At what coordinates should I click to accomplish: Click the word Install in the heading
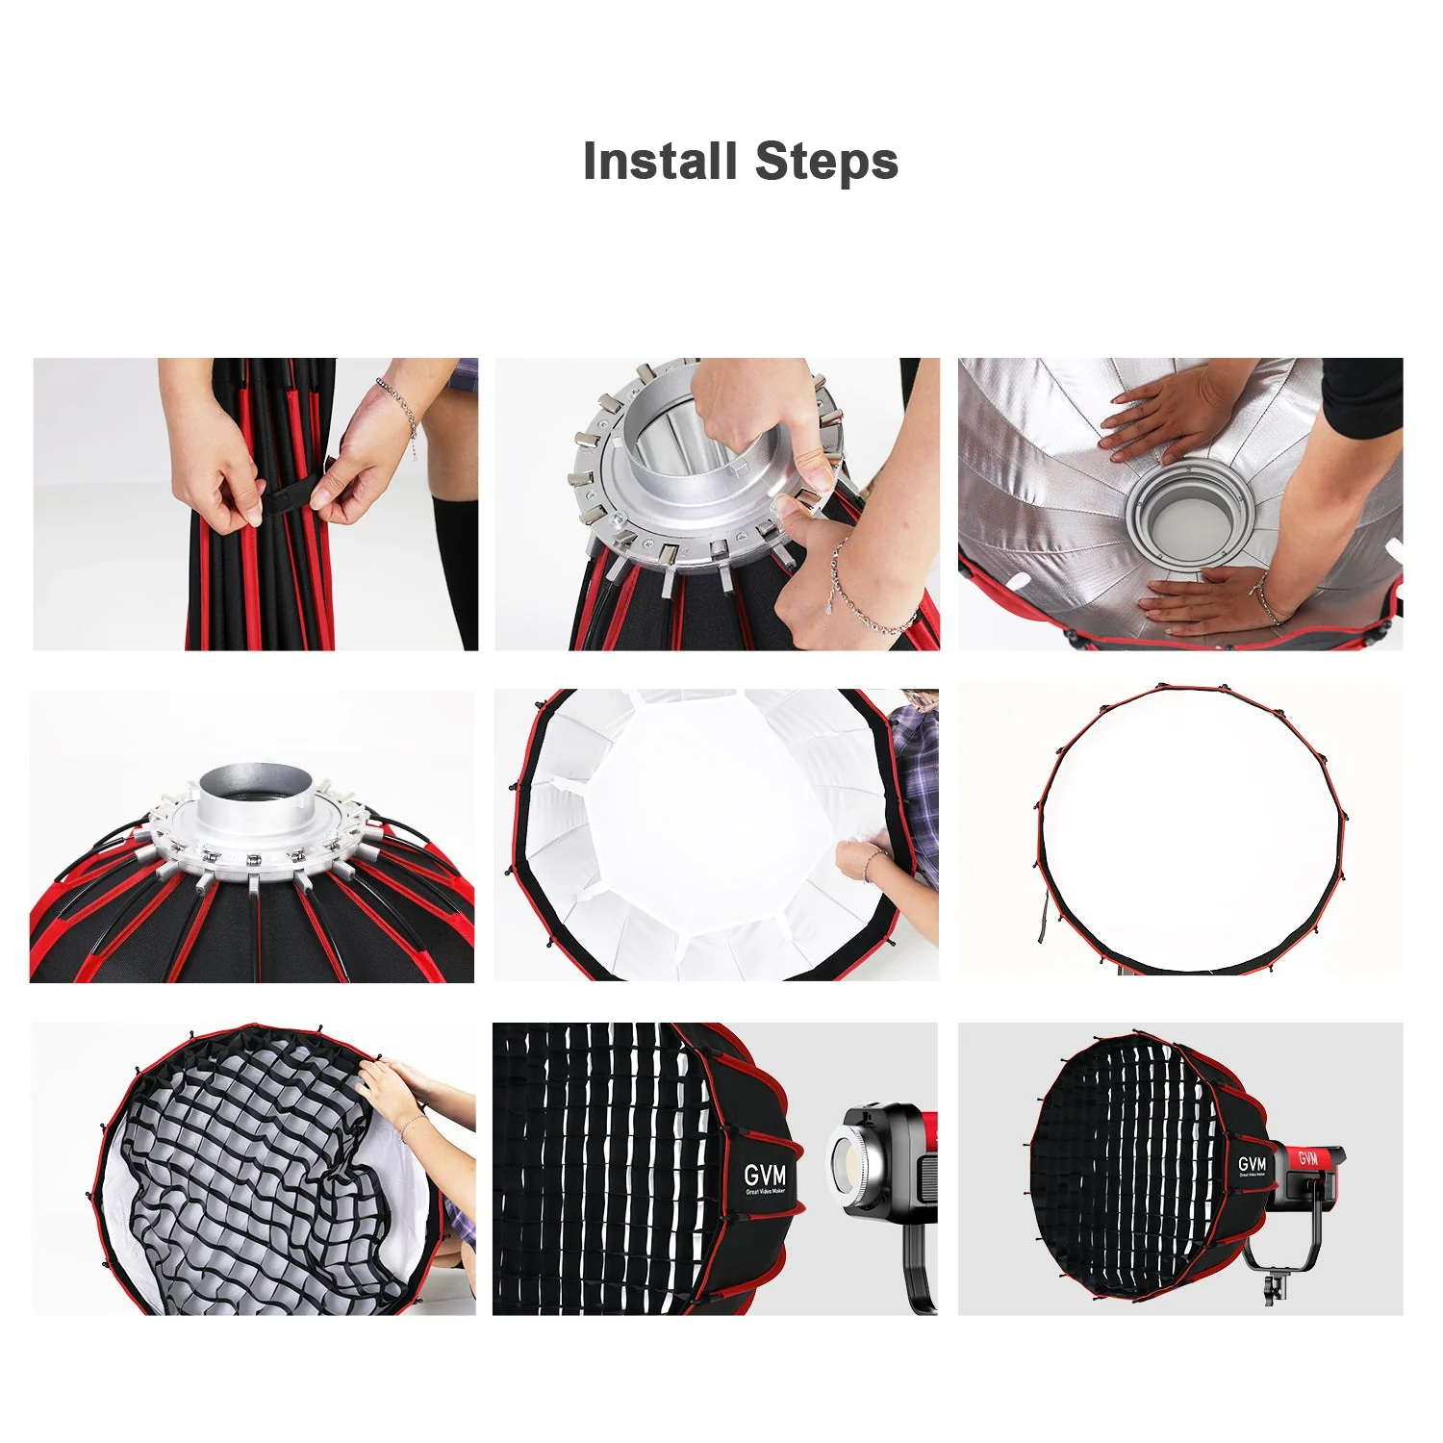(x=660, y=161)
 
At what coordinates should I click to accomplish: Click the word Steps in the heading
(x=826, y=161)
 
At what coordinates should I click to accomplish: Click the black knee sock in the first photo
(x=455, y=568)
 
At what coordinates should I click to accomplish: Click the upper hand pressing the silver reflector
(x=1154, y=423)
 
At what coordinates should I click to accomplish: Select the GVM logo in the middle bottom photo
(x=765, y=1176)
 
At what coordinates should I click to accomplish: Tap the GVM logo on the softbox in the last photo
(x=1253, y=1165)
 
